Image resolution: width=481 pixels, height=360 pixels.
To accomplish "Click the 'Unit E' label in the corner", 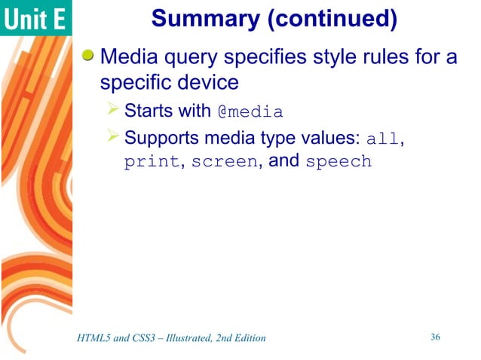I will pyautogui.click(x=35, y=19).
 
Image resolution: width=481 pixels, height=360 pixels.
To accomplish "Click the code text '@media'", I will pyautogui.click(x=250, y=113).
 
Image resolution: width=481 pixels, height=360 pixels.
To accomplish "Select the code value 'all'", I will pyautogui.click(x=382, y=139).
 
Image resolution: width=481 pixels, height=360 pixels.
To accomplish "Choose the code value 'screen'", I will pyautogui.click(x=224, y=162).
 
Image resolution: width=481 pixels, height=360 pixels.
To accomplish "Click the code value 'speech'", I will pyautogui.click(x=339, y=162).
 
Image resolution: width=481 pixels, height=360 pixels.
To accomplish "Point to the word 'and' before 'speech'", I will pyautogui.click(x=285, y=160).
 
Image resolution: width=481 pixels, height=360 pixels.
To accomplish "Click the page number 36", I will pyautogui.click(x=435, y=337).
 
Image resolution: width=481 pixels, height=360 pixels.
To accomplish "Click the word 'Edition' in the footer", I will pyautogui.click(x=248, y=338).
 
